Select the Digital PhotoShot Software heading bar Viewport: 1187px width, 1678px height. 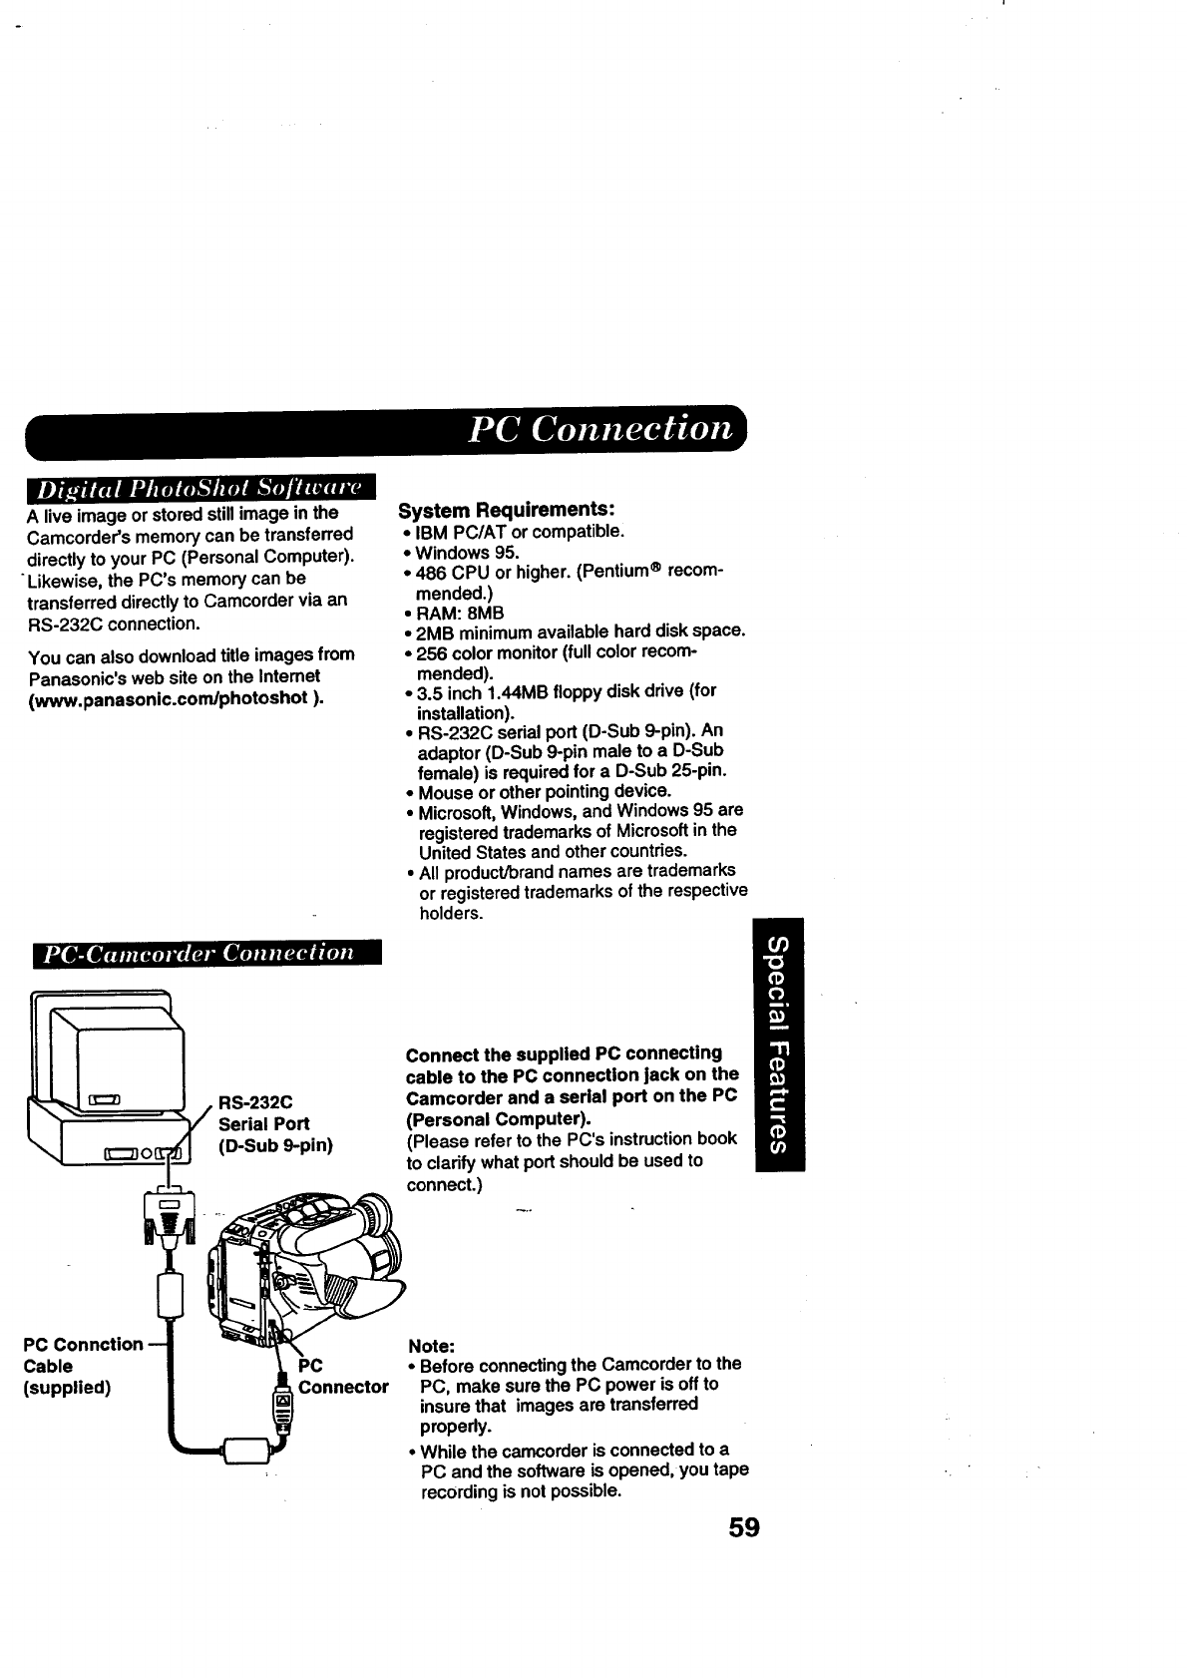[x=200, y=490]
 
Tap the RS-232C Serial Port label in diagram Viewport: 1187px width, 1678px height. [x=275, y=1123]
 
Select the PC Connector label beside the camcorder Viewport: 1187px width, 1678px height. [x=339, y=1376]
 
